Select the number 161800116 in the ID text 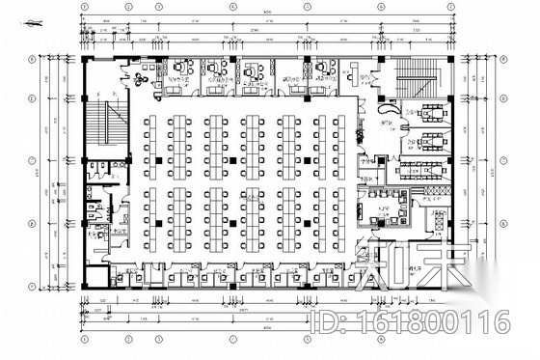445,321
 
